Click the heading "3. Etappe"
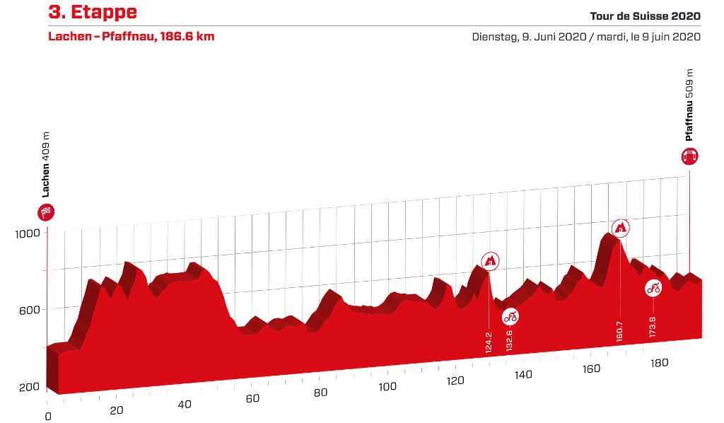93,12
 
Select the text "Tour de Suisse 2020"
645,16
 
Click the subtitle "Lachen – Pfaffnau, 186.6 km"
131,37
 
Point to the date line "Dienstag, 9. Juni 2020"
529,37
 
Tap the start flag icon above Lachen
46,212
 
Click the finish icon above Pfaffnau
690,156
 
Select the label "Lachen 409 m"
45,165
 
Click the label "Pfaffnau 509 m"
689,105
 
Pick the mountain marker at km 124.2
490,261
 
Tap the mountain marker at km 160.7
620,228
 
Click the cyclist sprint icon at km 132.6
510,317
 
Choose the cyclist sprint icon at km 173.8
653,289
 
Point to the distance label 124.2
489,342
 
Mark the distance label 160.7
619,332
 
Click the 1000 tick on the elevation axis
28,233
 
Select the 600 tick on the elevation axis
30,311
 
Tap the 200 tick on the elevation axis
30,388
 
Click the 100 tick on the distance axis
387,387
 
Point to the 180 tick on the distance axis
660,363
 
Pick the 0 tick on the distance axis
48,417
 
